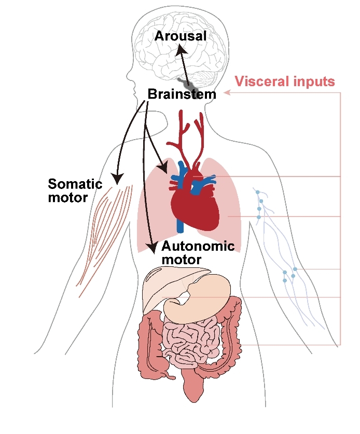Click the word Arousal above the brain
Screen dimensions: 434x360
coord(180,36)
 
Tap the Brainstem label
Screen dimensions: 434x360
coord(182,94)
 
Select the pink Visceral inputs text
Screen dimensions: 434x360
coord(285,82)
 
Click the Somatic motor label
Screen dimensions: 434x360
coord(75,190)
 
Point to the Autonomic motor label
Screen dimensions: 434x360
coord(198,252)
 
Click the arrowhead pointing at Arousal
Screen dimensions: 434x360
coord(179,48)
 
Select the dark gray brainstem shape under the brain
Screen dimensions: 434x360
coord(187,83)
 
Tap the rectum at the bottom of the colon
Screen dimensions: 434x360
coord(195,387)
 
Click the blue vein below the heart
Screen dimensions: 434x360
coord(179,223)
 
